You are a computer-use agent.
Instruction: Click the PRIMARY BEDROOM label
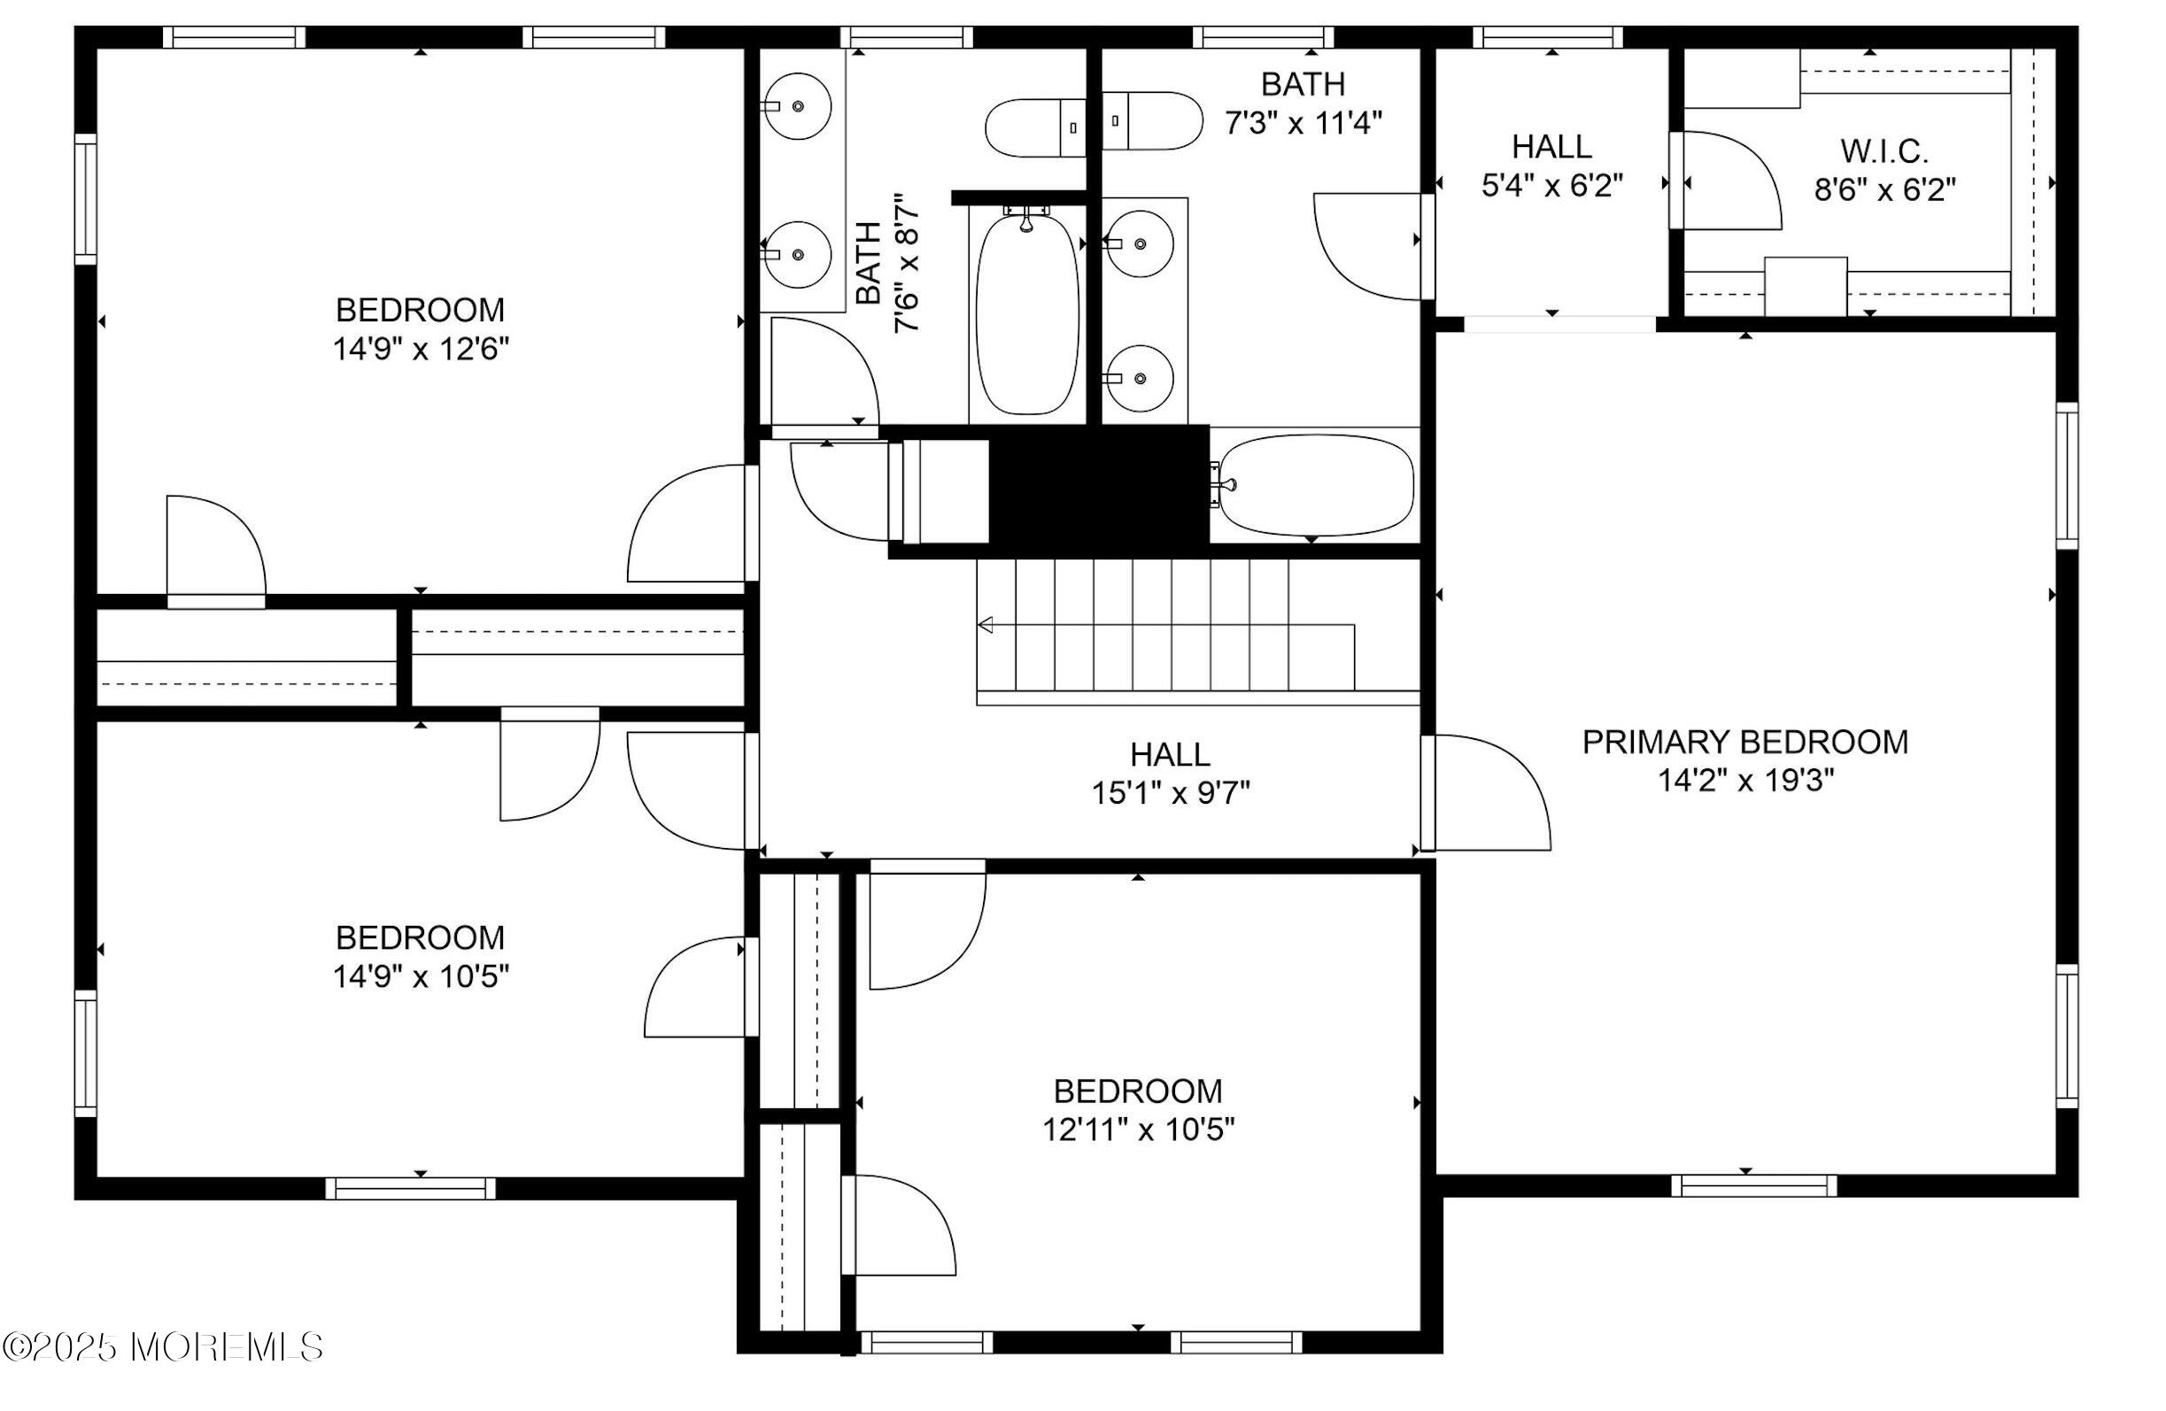(1744, 743)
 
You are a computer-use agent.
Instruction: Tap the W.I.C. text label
(1884, 151)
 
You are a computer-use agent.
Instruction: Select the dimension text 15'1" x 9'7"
(1171, 793)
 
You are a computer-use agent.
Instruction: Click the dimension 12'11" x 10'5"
(1138, 1130)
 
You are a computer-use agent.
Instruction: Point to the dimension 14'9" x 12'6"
(421, 349)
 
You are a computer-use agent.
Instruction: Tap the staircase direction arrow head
(985, 625)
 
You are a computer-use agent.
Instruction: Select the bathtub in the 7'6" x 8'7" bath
(1026, 312)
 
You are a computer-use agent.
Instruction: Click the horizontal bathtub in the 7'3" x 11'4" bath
(1315, 485)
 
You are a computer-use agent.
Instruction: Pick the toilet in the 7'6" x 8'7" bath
(1035, 127)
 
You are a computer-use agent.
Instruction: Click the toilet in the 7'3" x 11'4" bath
(1153, 120)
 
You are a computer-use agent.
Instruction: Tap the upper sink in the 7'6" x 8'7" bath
(797, 106)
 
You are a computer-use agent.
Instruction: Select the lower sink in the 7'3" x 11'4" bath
(1140, 378)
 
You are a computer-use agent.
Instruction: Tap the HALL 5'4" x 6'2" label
(1551, 166)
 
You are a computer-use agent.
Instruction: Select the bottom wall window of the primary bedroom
(1752, 1185)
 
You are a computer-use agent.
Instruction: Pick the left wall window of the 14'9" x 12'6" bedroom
(86, 198)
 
